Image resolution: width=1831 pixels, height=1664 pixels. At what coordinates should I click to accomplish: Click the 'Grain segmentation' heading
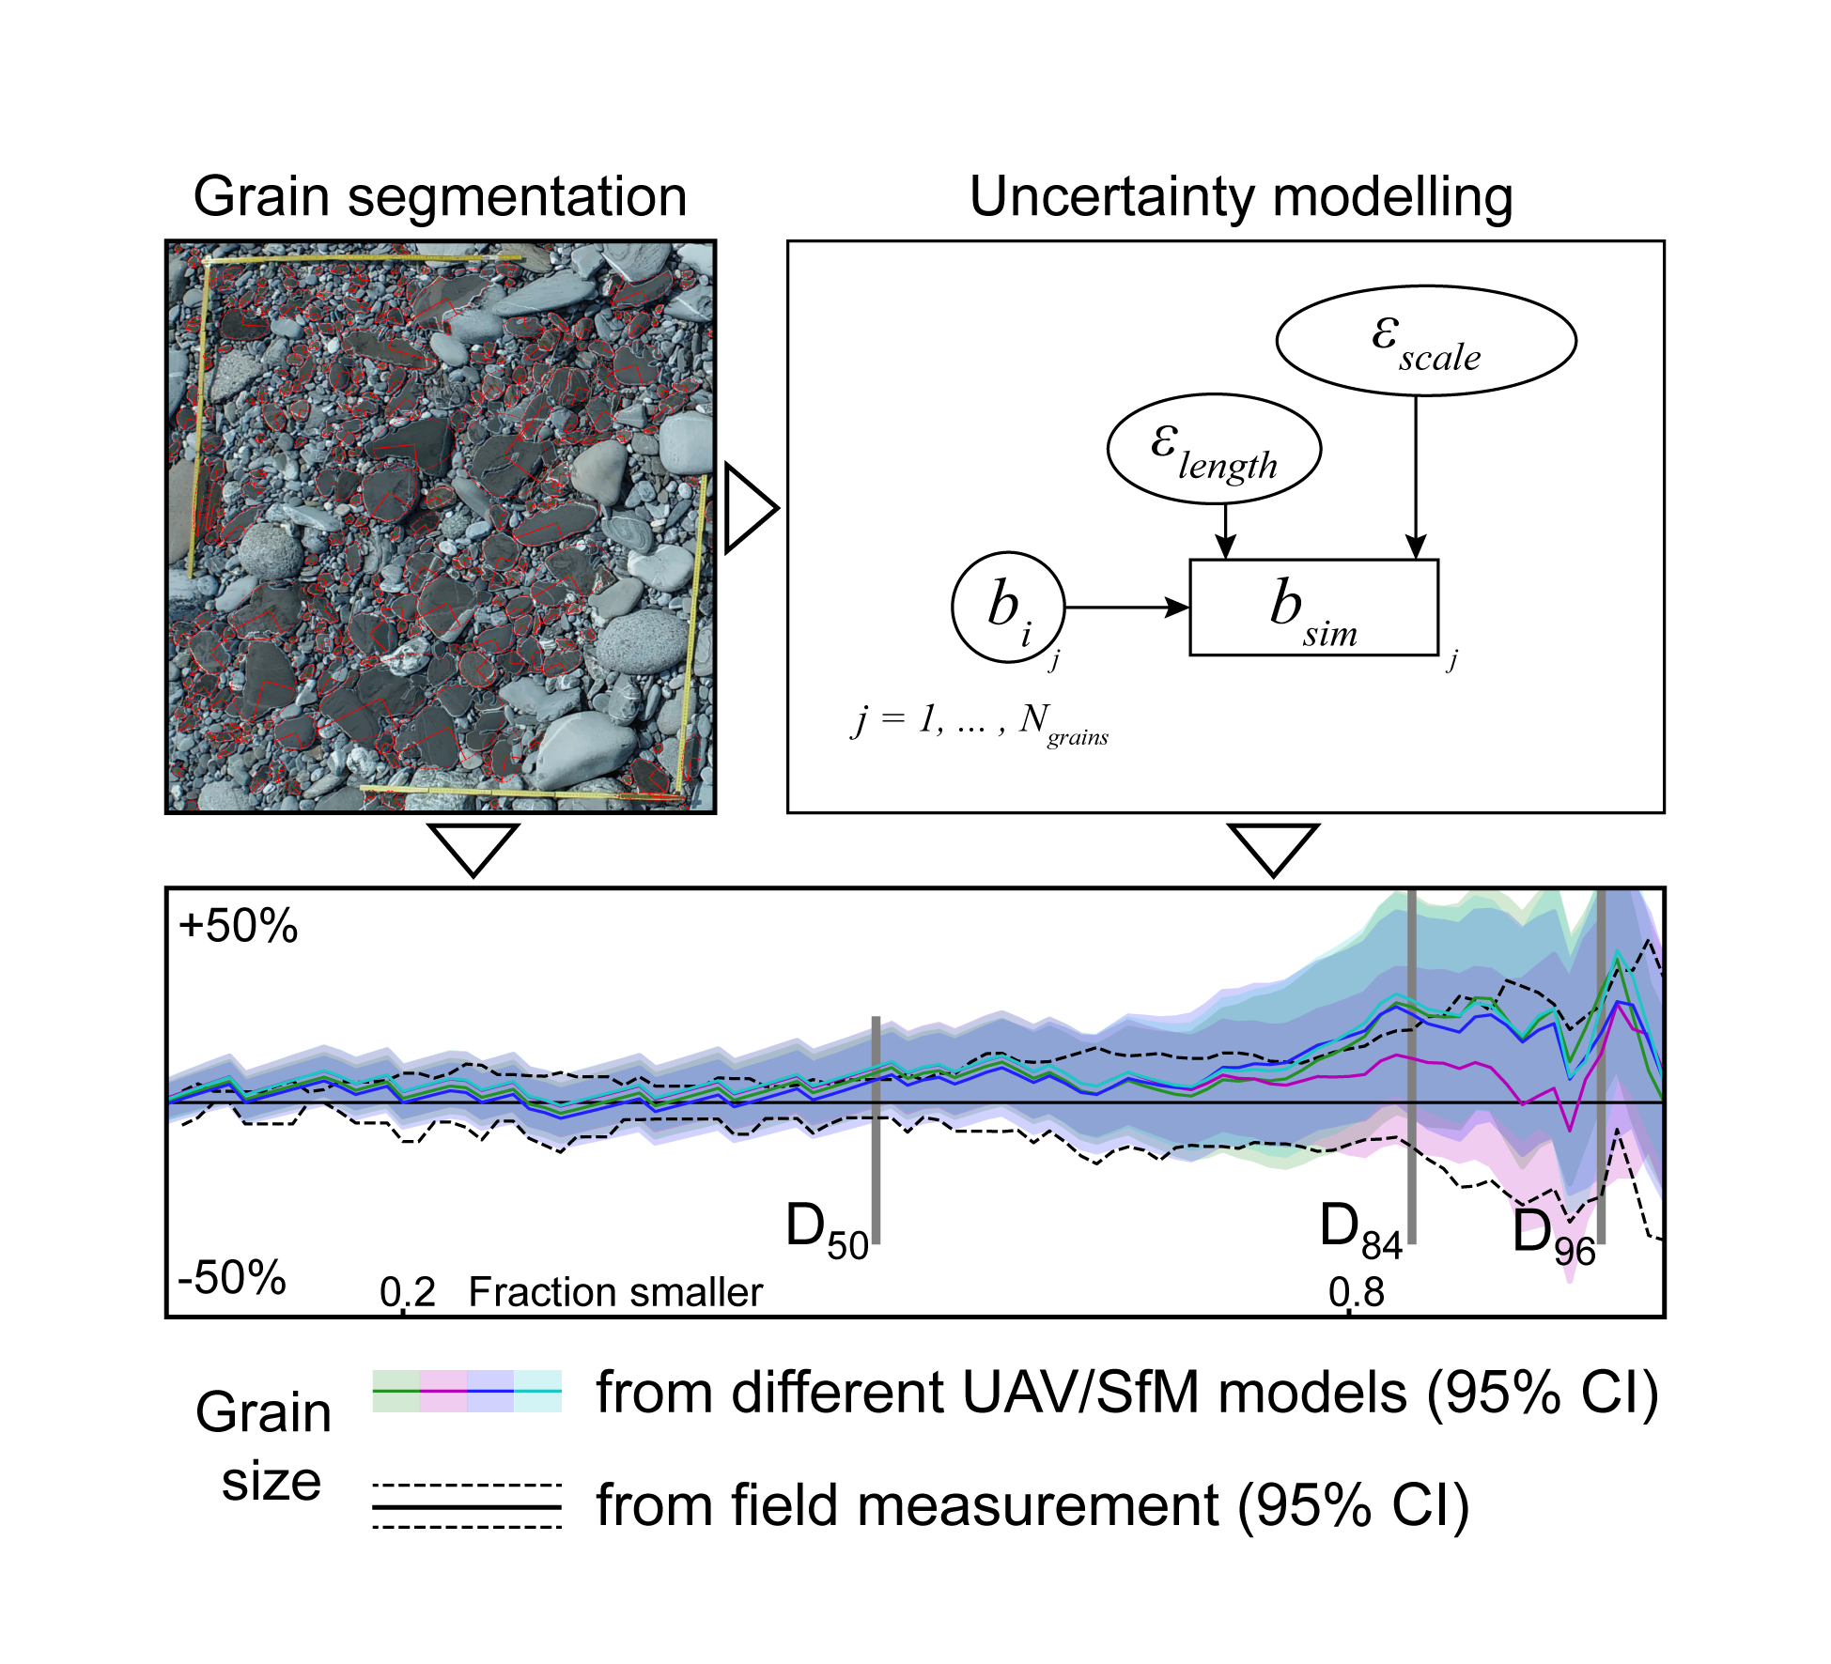click(440, 197)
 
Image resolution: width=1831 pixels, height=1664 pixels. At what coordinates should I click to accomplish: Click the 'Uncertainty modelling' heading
click(1240, 197)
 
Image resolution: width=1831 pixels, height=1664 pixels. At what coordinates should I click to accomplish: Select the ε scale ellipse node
click(1425, 340)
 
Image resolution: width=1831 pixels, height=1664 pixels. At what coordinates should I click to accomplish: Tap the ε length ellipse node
click(1214, 449)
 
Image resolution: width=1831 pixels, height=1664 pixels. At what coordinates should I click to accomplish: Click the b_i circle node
click(1008, 607)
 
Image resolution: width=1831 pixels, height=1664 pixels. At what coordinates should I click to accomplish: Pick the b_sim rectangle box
click(1313, 607)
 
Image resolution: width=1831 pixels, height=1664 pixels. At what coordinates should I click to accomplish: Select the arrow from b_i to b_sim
click(1127, 608)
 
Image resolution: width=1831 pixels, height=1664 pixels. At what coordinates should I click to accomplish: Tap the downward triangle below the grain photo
click(473, 845)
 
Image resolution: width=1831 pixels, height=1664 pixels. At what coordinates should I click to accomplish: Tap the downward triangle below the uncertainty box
click(1273, 845)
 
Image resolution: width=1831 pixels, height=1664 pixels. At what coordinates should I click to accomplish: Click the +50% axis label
click(238, 926)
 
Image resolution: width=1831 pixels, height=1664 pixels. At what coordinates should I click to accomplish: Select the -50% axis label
click(232, 1277)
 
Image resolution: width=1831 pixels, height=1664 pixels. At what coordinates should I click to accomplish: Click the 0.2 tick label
click(407, 1293)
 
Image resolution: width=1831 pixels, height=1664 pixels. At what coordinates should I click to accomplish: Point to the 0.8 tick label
click(1356, 1293)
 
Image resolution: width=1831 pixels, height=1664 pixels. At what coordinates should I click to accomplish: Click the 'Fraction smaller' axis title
click(615, 1293)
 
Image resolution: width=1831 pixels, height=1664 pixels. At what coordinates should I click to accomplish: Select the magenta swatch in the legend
click(443, 1391)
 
